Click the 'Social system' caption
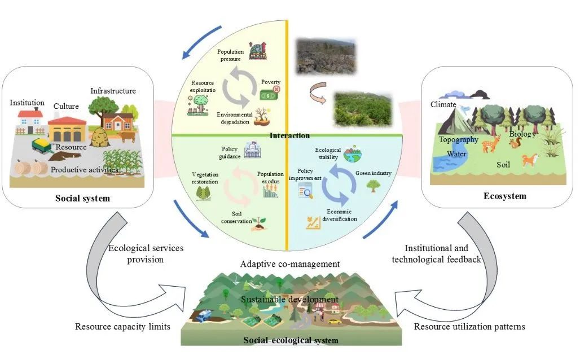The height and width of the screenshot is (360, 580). tap(82, 199)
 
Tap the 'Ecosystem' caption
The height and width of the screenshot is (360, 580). tap(504, 196)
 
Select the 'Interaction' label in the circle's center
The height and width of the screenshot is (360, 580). tap(289, 135)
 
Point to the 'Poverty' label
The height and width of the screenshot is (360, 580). tap(270, 82)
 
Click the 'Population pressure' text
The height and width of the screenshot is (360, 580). tap(230, 55)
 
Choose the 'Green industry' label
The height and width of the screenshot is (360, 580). tap(373, 172)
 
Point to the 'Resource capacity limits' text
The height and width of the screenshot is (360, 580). tap(122, 327)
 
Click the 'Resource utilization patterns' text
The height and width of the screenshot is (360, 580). tap(469, 326)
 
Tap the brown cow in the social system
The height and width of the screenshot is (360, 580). tap(128, 137)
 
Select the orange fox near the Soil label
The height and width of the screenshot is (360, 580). tap(529, 160)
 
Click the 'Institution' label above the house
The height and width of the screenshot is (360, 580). tap(27, 103)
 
